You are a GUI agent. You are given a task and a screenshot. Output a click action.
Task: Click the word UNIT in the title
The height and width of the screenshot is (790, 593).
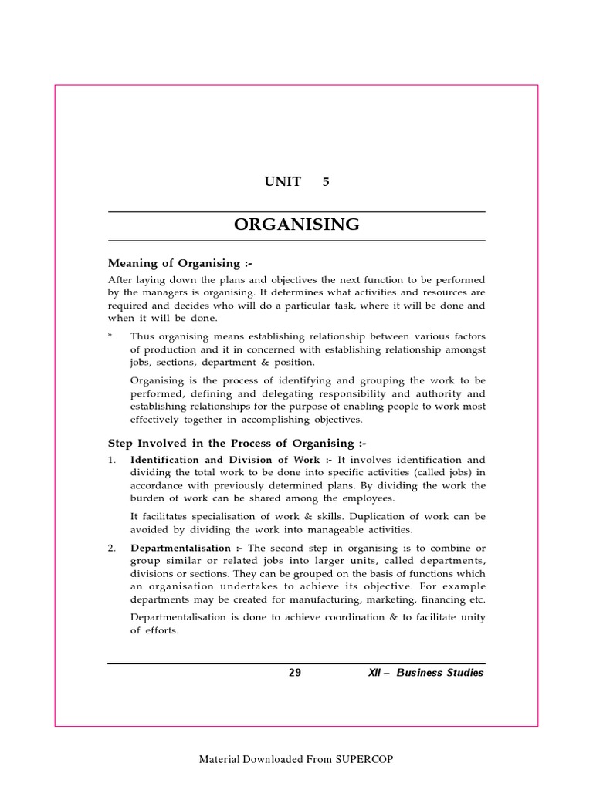[283, 182]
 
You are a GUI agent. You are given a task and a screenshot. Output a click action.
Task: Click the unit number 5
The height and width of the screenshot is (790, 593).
[326, 182]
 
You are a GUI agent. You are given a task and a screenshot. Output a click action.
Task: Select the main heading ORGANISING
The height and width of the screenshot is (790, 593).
[296, 225]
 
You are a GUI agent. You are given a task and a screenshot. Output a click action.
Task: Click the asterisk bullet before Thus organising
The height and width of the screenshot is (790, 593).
[110, 336]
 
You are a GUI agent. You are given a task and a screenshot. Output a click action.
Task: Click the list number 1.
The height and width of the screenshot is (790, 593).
[112, 459]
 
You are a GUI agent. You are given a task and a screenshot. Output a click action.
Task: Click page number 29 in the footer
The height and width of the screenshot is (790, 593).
[295, 673]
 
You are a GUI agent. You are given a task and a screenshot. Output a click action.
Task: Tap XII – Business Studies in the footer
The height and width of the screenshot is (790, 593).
[426, 673]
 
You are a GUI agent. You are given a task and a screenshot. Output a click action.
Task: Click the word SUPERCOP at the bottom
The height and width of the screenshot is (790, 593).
[364, 759]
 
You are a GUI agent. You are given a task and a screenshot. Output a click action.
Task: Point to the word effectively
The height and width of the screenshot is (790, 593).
[154, 420]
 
